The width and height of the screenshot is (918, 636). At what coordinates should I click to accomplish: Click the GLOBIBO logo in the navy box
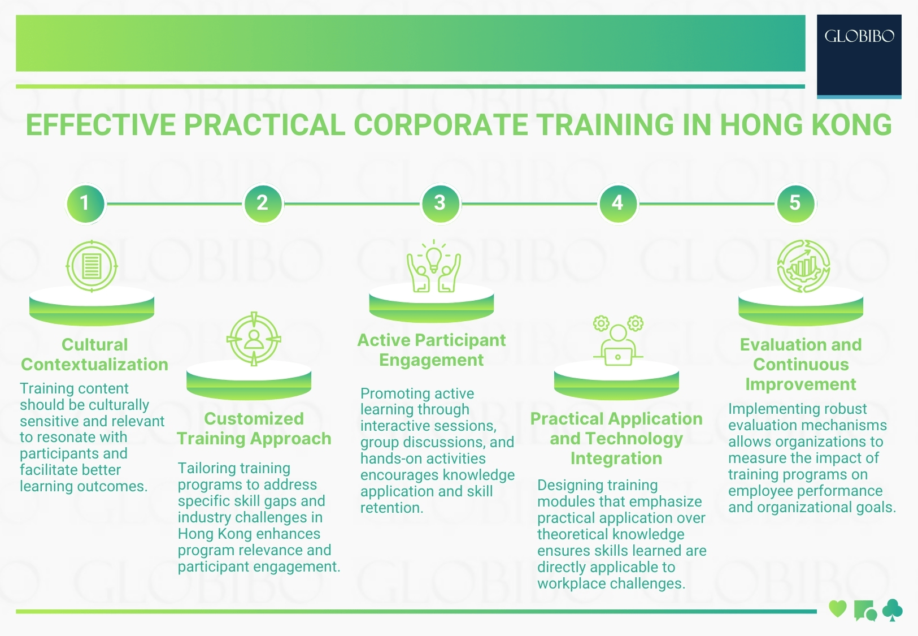[859, 37]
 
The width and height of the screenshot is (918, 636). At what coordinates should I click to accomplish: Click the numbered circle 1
[85, 203]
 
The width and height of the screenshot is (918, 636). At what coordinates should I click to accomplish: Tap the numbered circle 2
[263, 203]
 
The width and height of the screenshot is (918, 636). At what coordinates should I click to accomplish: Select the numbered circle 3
[440, 203]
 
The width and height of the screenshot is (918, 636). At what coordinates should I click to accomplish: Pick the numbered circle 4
[617, 203]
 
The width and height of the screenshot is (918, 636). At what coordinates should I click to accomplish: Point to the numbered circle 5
[795, 203]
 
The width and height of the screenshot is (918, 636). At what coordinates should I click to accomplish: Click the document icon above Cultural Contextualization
[92, 266]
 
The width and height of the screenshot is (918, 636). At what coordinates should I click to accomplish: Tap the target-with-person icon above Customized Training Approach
[254, 339]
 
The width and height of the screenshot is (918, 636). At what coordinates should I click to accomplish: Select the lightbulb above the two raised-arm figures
[433, 257]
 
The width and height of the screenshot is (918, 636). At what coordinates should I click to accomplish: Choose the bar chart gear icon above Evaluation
[803, 266]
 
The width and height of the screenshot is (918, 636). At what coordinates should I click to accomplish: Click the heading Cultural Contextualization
[94, 354]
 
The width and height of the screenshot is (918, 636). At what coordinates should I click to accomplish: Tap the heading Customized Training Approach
[254, 429]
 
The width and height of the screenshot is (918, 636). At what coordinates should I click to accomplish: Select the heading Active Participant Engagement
[432, 350]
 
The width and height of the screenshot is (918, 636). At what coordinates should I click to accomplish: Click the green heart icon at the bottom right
[837, 609]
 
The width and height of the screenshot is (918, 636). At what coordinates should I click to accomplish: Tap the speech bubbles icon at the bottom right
[865, 611]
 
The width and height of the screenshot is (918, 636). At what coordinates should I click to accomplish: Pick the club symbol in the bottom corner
[892, 610]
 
